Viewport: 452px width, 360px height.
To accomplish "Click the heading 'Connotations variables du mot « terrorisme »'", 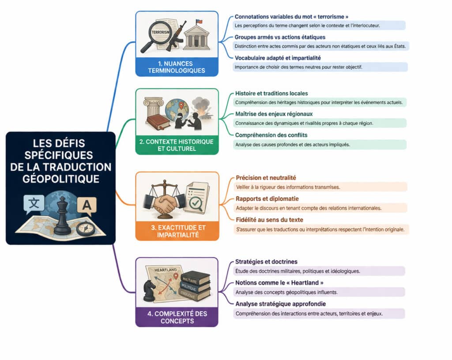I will coord(292,17).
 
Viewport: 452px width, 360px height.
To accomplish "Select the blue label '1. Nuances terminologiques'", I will coord(177,67).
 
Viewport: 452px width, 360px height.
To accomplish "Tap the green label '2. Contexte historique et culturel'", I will coord(177,145).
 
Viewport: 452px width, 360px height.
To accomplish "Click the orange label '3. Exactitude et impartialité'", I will coord(177,231).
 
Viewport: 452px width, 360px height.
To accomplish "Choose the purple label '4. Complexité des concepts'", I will coord(177,317).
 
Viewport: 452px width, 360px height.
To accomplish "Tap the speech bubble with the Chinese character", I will coord(34,204).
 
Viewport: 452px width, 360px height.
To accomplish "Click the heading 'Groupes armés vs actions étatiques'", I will coord(280,37).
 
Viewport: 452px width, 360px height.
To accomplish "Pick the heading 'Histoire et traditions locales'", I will coord(271,94).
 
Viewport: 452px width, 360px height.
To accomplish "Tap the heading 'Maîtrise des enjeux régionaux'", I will coord(274,114).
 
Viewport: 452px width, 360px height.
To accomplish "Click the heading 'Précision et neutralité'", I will coord(266,178).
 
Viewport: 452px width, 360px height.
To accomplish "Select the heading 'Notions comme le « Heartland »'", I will coord(276,283).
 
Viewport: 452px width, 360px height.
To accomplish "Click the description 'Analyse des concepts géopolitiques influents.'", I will coord(287,292).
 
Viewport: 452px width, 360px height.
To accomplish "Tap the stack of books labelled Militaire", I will coord(194,285).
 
